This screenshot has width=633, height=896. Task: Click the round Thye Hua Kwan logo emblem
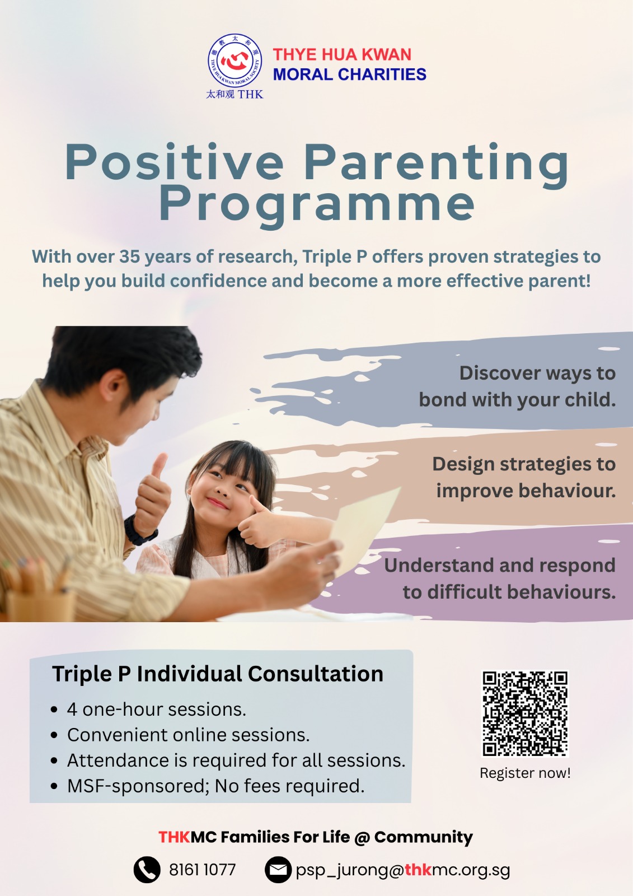[x=235, y=61]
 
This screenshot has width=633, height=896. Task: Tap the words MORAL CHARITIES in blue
[x=349, y=74]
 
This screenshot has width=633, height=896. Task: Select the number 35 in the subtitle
[x=129, y=257]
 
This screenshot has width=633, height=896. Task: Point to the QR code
[x=525, y=713]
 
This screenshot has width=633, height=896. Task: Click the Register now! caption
[x=525, y=773]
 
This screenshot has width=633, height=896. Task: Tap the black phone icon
[x=147, y=870]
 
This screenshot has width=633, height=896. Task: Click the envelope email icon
[x=278, y=870]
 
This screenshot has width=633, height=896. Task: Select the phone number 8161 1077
[x=203, y=870]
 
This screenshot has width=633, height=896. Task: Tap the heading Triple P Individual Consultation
[x=218, y=674]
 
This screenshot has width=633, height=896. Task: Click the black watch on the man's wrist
[x=139, y=530]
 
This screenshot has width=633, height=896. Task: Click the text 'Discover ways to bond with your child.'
[x=518, y=386]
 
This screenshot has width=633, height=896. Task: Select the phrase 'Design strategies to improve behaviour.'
[x=524, y=477]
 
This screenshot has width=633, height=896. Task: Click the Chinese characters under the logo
[x=221, y=95]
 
